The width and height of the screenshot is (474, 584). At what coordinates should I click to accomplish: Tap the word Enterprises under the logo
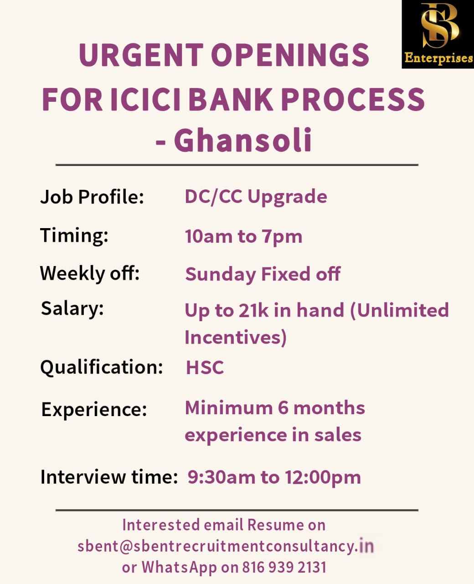[438, 58]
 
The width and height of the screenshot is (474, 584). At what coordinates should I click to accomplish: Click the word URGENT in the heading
[141, 55]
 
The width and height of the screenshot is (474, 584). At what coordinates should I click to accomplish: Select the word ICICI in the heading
[145, 99]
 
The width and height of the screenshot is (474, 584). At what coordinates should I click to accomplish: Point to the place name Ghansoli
[243, 140]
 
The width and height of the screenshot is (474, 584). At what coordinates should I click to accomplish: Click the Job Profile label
[92, 197]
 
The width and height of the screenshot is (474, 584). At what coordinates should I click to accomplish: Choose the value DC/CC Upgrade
[256, 197]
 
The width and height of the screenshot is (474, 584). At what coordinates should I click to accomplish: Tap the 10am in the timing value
[209, 236]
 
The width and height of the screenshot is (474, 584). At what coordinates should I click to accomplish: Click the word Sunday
[221, 275]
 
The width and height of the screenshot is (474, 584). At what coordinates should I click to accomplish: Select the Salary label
[72, 309]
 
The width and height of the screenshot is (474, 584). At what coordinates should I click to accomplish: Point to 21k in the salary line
[253, 310]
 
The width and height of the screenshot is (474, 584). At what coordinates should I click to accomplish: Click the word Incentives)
[236, 337]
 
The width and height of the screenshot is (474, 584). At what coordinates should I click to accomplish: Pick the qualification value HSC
[205, 368]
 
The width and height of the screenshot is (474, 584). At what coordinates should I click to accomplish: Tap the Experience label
[94, 410]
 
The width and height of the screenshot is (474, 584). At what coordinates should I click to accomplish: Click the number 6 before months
[283, 408]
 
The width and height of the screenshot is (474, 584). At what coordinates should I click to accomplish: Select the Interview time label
[109, 477]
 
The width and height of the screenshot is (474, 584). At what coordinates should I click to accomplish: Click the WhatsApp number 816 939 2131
[284, 567]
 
